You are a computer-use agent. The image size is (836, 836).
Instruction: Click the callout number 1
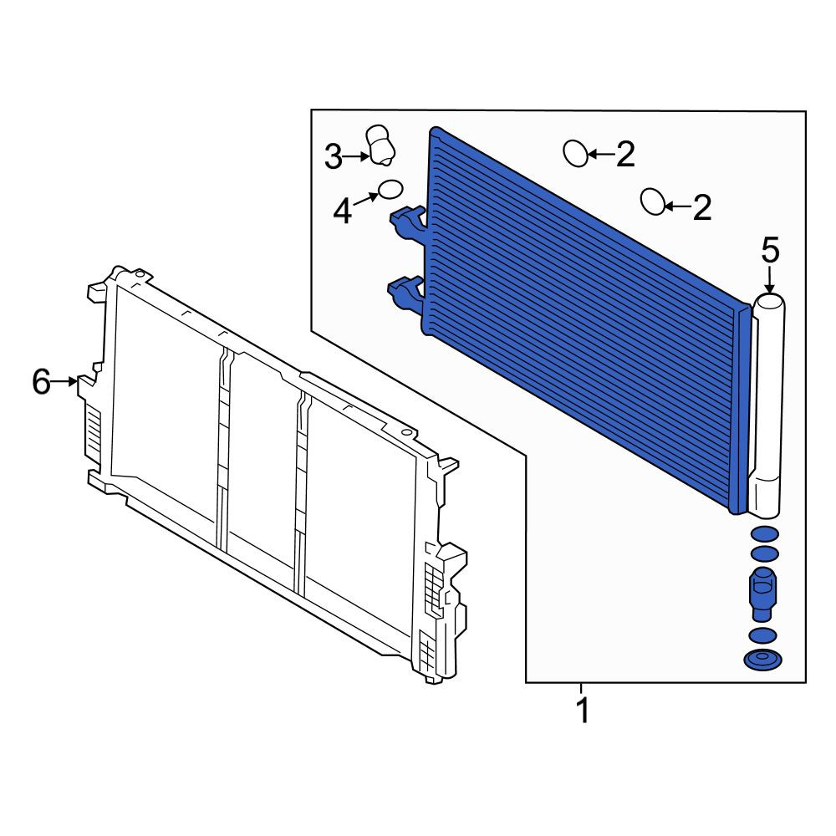point(584,710)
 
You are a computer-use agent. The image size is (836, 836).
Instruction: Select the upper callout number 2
point(625,154)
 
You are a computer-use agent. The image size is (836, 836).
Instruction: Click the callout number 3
point(334,157)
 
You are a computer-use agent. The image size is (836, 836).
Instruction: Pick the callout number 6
point(42,381)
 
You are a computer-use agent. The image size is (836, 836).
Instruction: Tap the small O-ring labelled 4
point(390,189)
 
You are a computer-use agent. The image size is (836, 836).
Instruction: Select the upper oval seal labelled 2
point(576,154)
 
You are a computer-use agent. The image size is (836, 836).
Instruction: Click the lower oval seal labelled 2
point(653,201)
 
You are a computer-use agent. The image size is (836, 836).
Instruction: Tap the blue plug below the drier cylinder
point(763,594)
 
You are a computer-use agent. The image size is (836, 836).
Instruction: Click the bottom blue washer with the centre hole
point(763,660)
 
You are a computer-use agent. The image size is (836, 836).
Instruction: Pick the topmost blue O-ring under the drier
point(764,533)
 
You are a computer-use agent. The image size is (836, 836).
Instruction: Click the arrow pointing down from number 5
point(769,280)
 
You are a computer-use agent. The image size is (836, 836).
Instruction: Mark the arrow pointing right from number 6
point(65,381)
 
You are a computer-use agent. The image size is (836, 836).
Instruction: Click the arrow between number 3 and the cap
point(356,156)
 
